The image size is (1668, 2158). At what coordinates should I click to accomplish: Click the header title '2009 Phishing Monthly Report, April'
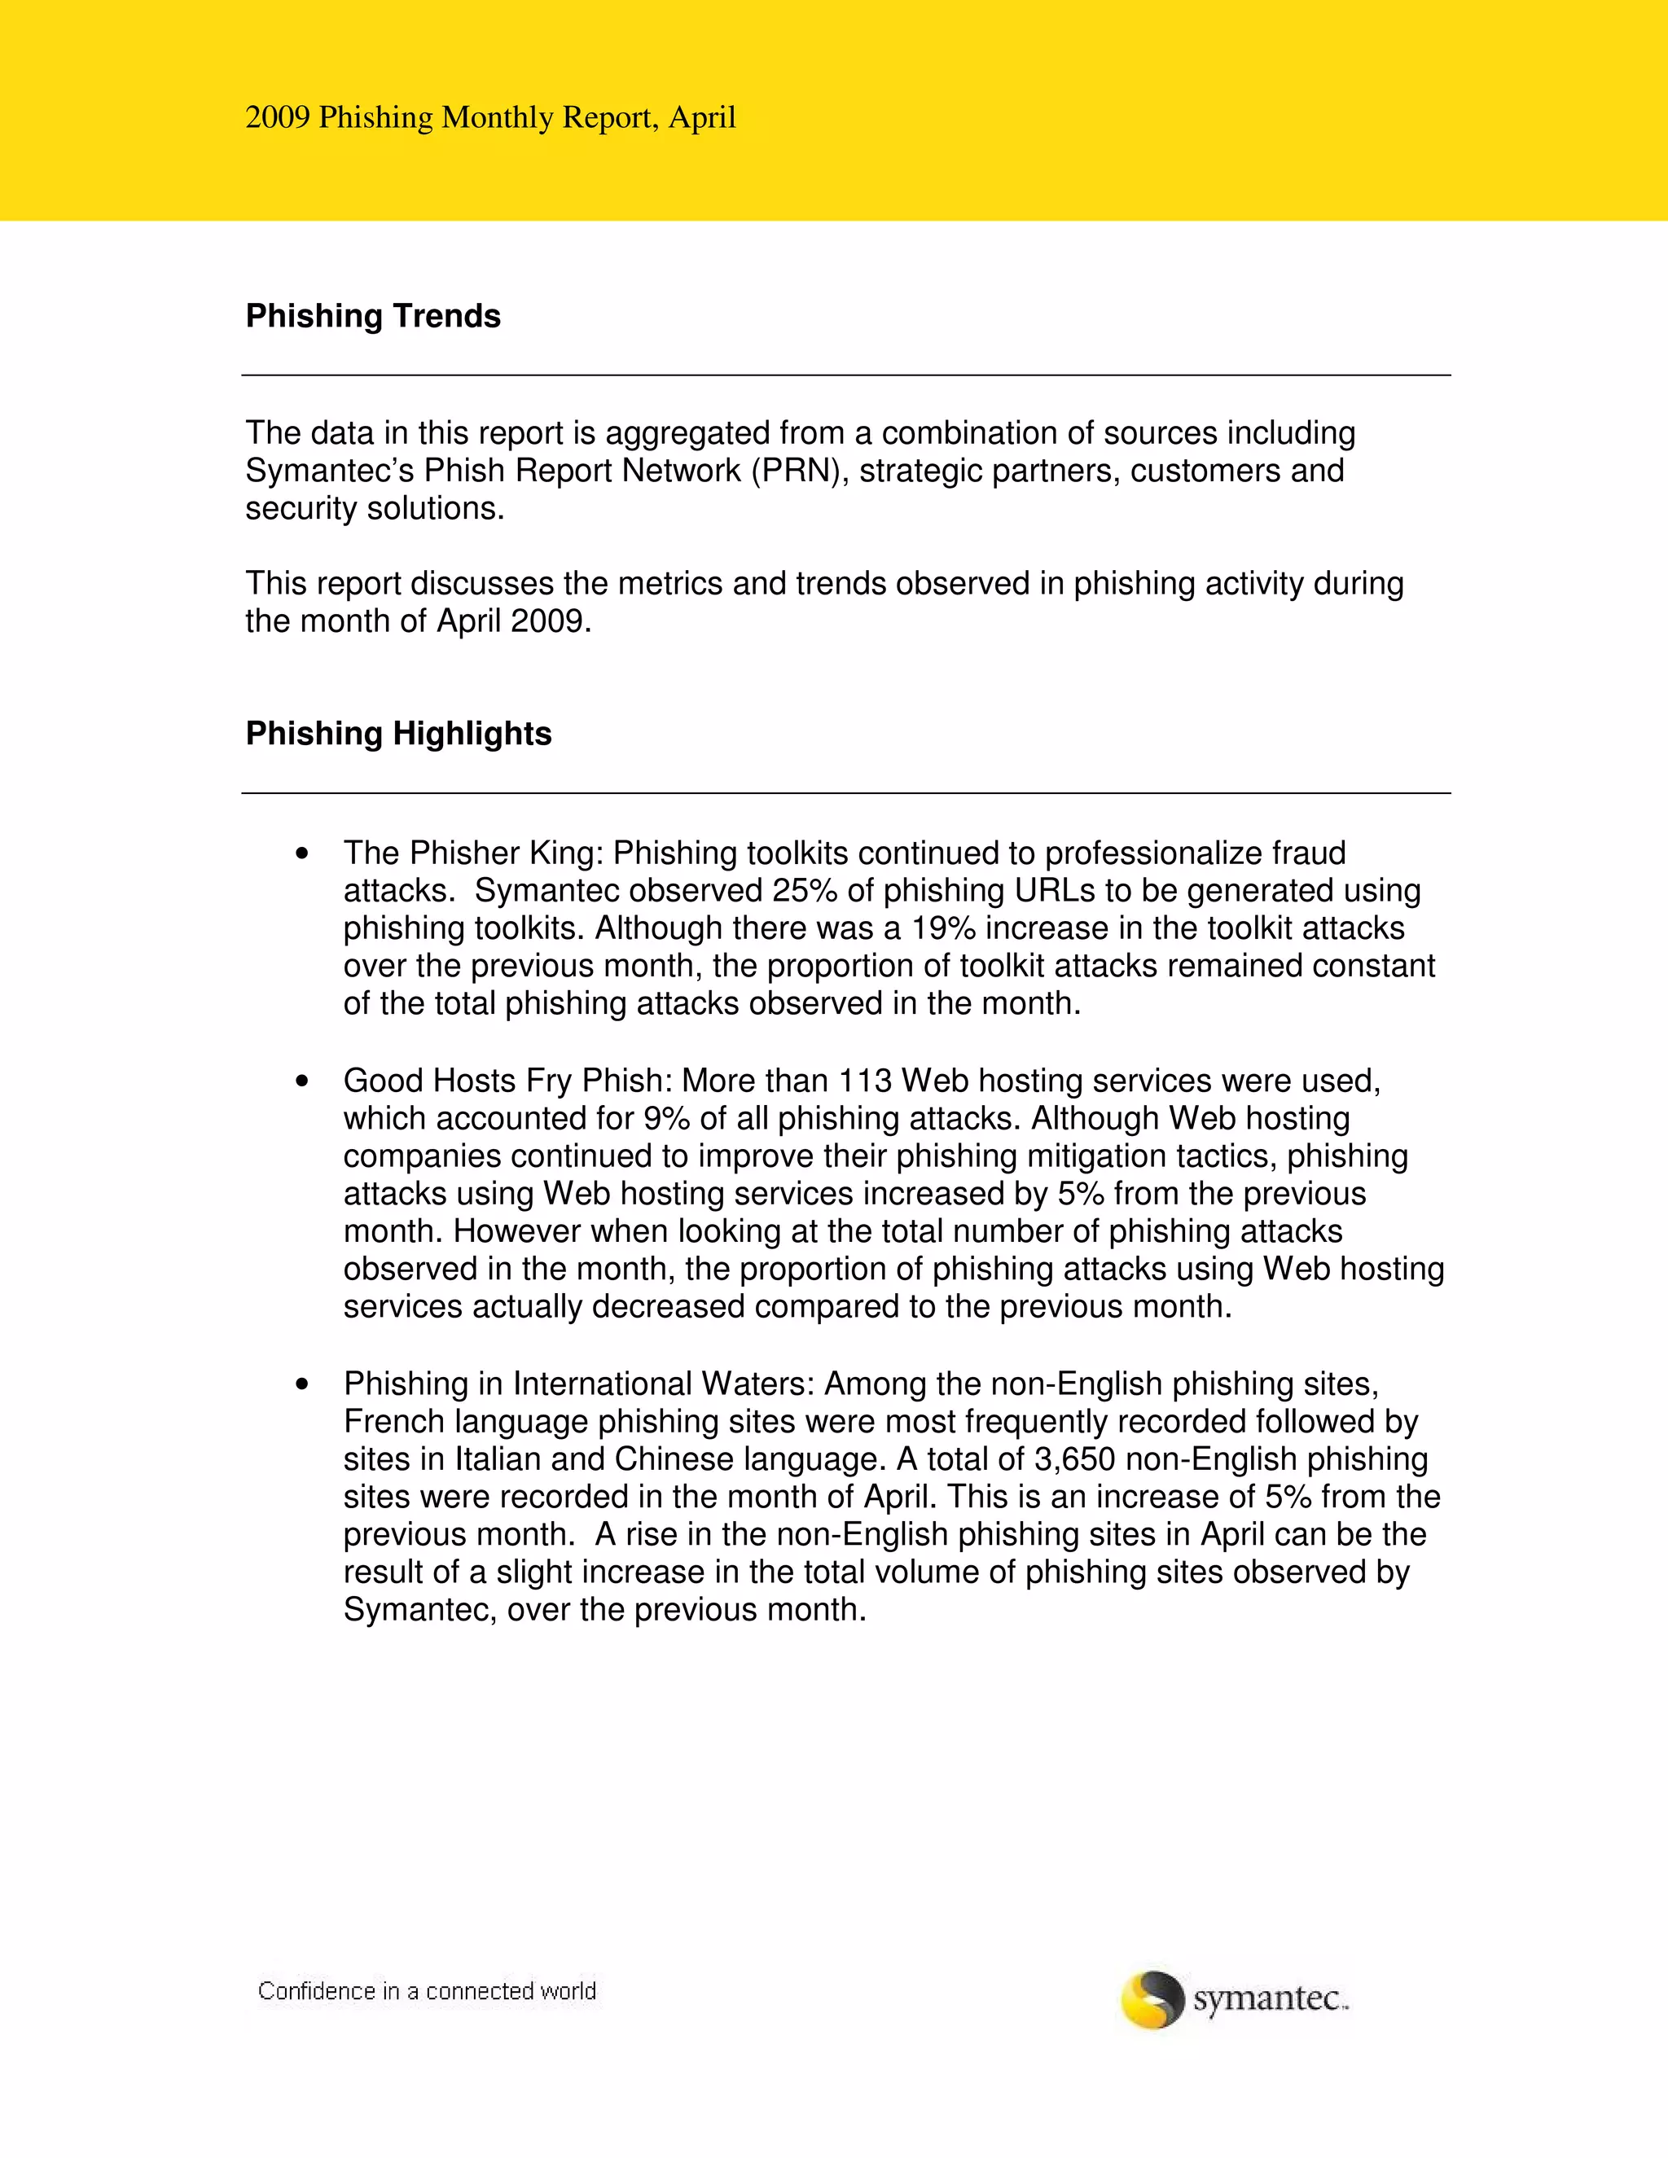[490, 117]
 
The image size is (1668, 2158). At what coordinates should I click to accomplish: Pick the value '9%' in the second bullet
[667, 1119]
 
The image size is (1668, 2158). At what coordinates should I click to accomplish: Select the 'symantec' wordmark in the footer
[1269, 1999]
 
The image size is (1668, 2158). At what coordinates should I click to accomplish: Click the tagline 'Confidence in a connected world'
[427, 1991]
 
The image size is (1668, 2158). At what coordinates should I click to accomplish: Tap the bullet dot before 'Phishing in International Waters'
[302, 1385]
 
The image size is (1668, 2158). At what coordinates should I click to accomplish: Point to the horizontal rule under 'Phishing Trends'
[846, 375]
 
